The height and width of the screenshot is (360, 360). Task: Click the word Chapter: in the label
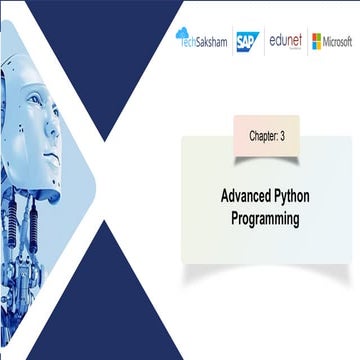pyautogui.click(x=261, y=133)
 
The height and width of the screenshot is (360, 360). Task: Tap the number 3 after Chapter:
pyautogui.click(x=284, y=133)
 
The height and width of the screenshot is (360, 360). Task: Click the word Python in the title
pyautogui.click(x=297, y=198)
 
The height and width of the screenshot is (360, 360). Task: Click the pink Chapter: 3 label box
pyautogui.click(x=266, y=133)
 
